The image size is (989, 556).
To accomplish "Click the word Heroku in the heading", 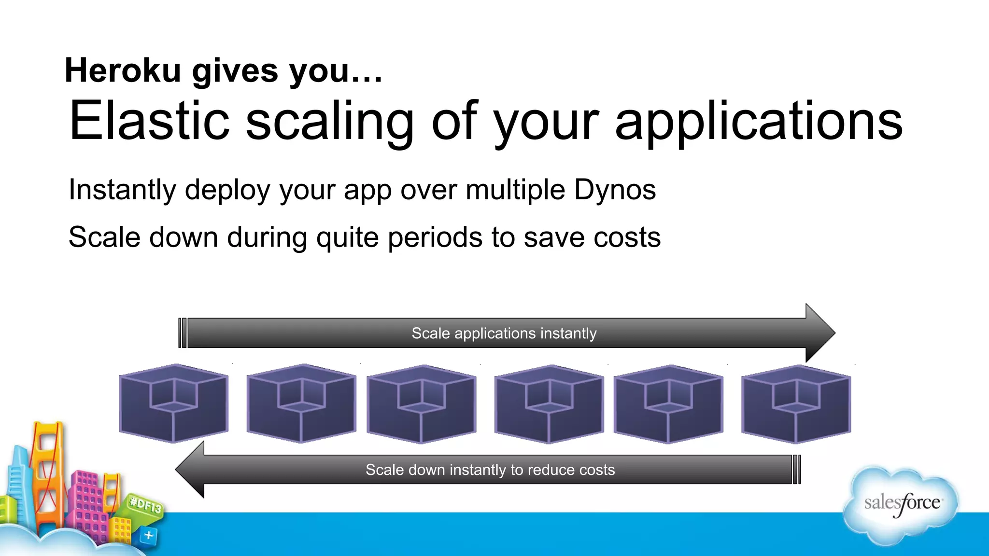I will (123, 70).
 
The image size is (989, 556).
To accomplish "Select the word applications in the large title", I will (758, 122).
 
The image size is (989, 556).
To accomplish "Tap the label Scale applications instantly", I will (504, 333).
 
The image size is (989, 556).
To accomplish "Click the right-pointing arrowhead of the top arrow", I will (819, 333).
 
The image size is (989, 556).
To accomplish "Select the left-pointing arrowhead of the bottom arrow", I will (191, 469).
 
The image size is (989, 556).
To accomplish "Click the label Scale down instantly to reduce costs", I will (490, 470).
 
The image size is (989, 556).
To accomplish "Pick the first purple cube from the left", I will (173, 403).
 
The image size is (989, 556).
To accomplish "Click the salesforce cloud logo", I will (901, 504).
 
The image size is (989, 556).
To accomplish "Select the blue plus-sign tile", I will (148, 535).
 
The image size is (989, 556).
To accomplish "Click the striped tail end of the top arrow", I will (182, 333).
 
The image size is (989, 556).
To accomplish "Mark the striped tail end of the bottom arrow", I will (797, 469).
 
